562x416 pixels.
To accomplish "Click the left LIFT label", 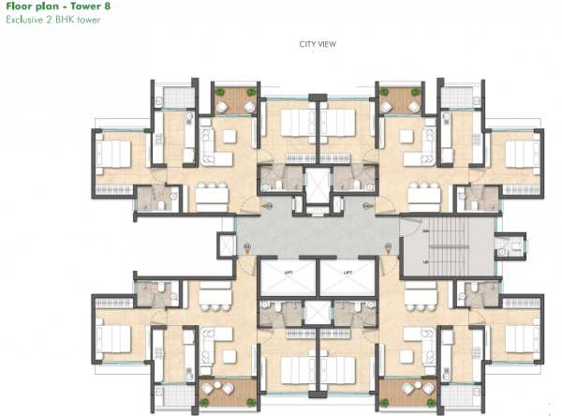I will tap(284, 272).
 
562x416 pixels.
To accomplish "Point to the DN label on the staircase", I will tap(426, 230).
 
